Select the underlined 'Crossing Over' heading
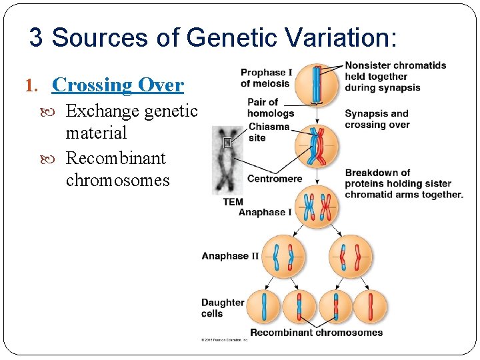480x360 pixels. tap(117, 85)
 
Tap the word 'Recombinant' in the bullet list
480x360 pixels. tap(116, 159)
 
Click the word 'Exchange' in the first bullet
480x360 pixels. tap(102, 111)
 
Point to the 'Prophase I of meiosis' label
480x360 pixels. tap(265, 78)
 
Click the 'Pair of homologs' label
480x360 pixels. tap(271, 107)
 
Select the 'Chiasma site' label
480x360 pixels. tap(269, 132)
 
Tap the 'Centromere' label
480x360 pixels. tap(275, 179)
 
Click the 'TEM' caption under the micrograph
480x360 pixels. tap(233, 202)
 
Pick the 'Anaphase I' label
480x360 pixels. tap(265, 212)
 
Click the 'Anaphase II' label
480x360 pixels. tap(230, 256)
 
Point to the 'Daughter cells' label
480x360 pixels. tap(223, 307)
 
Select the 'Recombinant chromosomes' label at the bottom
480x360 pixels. tap(316, 333)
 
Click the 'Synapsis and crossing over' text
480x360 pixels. tap(377, 119)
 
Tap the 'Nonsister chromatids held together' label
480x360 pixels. tap(395, 76)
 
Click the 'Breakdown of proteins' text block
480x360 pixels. tap(403, 183)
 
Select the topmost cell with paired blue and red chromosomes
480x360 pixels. tap(317, 84)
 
